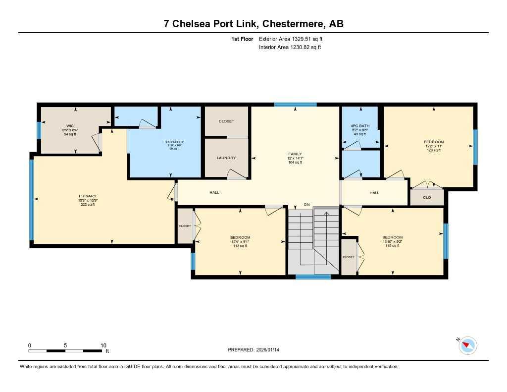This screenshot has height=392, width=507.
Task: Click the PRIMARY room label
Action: [88, 196]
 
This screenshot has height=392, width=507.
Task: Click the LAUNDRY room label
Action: [226, 158]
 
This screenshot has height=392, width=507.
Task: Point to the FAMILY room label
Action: [295, 154]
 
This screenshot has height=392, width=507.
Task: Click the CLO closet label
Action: [427, 197]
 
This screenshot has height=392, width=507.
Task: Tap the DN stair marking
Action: [307, 205]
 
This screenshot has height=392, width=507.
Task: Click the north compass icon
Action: [467, 345]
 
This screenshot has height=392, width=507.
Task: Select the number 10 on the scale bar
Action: [103, 345]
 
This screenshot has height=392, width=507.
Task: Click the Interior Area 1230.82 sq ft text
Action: [290, 48]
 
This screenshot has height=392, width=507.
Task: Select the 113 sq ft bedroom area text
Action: [240, 246]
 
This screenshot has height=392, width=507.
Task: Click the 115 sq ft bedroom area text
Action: [392, 246]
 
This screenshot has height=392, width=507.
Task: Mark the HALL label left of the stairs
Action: [214, 193]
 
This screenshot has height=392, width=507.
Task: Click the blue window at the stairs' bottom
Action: [313, 277]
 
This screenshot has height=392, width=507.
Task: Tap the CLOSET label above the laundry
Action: [226, 121]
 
